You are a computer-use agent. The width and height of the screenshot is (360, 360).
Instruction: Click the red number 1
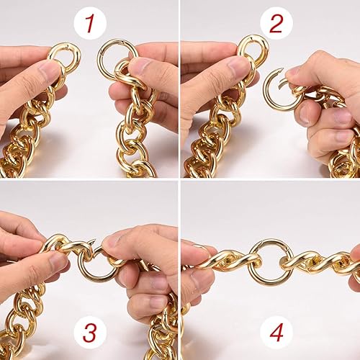89,24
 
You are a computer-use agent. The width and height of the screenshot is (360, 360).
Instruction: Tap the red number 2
276,23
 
